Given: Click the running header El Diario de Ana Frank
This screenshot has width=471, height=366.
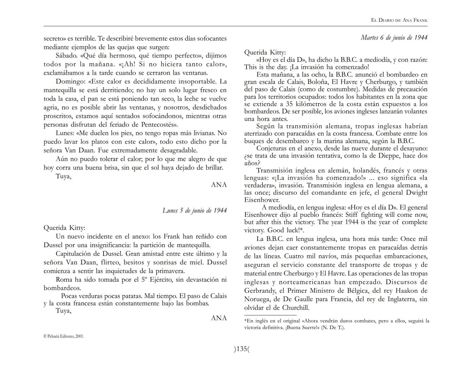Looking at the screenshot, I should point(399,20).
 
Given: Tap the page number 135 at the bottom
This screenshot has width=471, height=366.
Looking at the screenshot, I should point(242,349).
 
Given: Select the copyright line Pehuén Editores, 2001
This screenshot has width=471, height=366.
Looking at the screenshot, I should point(64,337).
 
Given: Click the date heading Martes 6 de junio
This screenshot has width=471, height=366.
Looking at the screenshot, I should point(394,38).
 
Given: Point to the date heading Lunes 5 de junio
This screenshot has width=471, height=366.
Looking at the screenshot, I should point(194,210).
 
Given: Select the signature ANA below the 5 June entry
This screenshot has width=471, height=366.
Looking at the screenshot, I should point(219,318).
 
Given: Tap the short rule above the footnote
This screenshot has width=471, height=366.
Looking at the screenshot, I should point(270,316).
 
